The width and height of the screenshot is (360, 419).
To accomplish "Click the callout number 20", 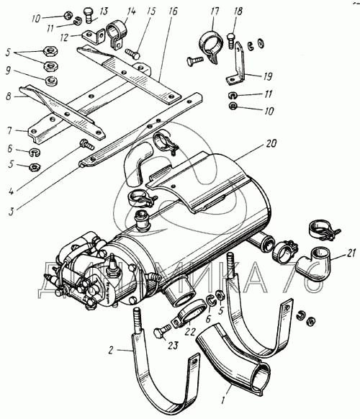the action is pos(271,144).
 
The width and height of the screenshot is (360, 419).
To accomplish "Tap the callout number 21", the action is pos(351,253).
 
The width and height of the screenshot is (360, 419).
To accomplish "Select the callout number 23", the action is pos(173,346).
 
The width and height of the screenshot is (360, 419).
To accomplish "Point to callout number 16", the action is pos(173,12).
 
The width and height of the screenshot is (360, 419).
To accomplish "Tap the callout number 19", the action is pos(267,77).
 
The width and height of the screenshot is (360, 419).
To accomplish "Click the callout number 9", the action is pos(9,71).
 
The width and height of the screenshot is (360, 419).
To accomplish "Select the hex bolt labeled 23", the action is pos(162,330).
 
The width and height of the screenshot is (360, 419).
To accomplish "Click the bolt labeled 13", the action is pos(88,15).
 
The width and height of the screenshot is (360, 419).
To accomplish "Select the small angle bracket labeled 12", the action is pos(92,36).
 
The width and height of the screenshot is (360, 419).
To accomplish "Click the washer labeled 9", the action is pos(51,81).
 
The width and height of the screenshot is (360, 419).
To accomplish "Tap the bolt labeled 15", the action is pos(132,53).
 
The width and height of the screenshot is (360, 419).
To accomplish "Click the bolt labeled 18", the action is pos(231,40).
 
